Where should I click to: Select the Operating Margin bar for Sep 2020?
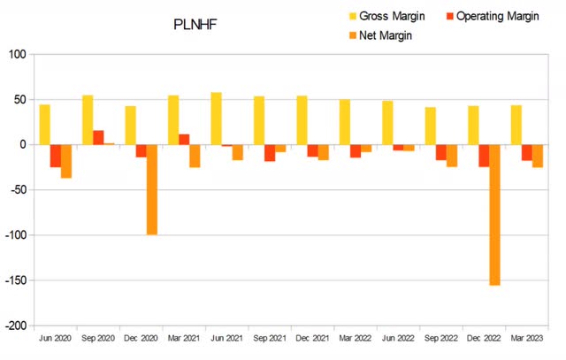pos(98,137)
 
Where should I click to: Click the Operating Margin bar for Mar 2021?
pos(184,139)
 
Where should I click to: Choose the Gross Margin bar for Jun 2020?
pos(44,124)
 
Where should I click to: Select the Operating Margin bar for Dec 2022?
pos(484,156)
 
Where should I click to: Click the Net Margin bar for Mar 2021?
pos(195,156)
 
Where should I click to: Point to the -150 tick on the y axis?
pos(16,280)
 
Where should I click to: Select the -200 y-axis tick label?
pos(16,326)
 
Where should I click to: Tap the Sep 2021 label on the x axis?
pos(271,339)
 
